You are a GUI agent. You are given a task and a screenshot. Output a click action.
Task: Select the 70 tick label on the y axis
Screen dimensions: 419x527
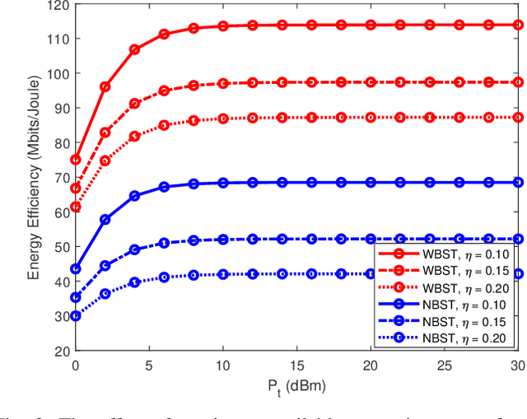59,178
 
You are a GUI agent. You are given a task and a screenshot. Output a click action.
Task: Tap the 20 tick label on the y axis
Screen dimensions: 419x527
59,351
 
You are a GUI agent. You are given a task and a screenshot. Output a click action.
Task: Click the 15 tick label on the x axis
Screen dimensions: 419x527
296,365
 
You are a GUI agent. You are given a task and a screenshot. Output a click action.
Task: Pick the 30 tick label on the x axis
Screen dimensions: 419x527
516,365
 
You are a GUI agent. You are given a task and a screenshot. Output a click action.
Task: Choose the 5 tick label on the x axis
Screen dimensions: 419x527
149,365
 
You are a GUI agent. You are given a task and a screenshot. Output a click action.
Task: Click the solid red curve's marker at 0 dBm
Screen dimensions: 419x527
76,160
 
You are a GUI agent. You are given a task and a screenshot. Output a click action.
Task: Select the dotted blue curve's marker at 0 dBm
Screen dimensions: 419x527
76,316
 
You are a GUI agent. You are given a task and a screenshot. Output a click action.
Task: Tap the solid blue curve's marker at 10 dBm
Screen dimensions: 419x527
223,183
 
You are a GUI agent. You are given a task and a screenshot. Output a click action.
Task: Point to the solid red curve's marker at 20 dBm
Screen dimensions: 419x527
371,25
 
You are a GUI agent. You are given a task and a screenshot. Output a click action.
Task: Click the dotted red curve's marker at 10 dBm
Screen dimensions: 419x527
223,119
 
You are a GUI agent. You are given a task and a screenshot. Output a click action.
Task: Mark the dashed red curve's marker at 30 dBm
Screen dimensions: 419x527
517,82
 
